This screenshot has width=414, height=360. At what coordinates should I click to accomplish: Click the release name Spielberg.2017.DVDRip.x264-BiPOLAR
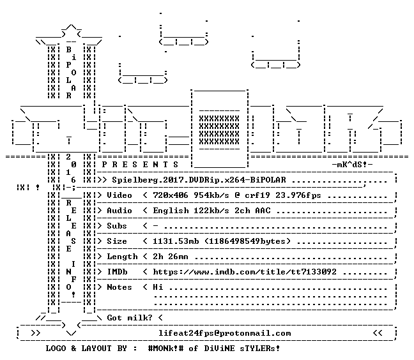[199, 180]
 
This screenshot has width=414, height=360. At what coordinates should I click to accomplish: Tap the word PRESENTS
[140, 165]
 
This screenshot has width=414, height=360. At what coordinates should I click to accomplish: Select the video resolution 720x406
[171, 195]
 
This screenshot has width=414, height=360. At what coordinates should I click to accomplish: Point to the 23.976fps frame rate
[298, 195]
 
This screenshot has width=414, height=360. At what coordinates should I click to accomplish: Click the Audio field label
[119, 211]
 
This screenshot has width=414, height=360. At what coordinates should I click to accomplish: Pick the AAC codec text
[263, 211]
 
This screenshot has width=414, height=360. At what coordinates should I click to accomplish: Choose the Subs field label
[117, 226]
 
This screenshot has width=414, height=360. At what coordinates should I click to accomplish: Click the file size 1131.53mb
[176, 241]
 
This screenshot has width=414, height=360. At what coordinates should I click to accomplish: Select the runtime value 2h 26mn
[171, 257]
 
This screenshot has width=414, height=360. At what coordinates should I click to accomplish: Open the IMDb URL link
[245, 272]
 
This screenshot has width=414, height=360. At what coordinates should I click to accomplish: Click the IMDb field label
[117, 272]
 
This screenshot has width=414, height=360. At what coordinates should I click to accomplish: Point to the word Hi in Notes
[158, 287]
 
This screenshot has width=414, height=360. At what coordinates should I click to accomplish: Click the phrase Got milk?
[130, 317]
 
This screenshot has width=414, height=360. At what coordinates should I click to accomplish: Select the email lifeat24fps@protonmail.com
[225, 333]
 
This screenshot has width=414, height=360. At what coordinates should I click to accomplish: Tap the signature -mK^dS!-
[352, 165]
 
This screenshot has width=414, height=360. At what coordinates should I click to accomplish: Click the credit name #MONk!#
[166, 348]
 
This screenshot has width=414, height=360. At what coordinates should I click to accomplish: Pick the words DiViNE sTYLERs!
[242, 348]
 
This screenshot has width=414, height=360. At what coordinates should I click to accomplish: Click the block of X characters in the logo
[219, 130]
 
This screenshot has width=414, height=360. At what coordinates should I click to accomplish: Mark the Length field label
[122, 257]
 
